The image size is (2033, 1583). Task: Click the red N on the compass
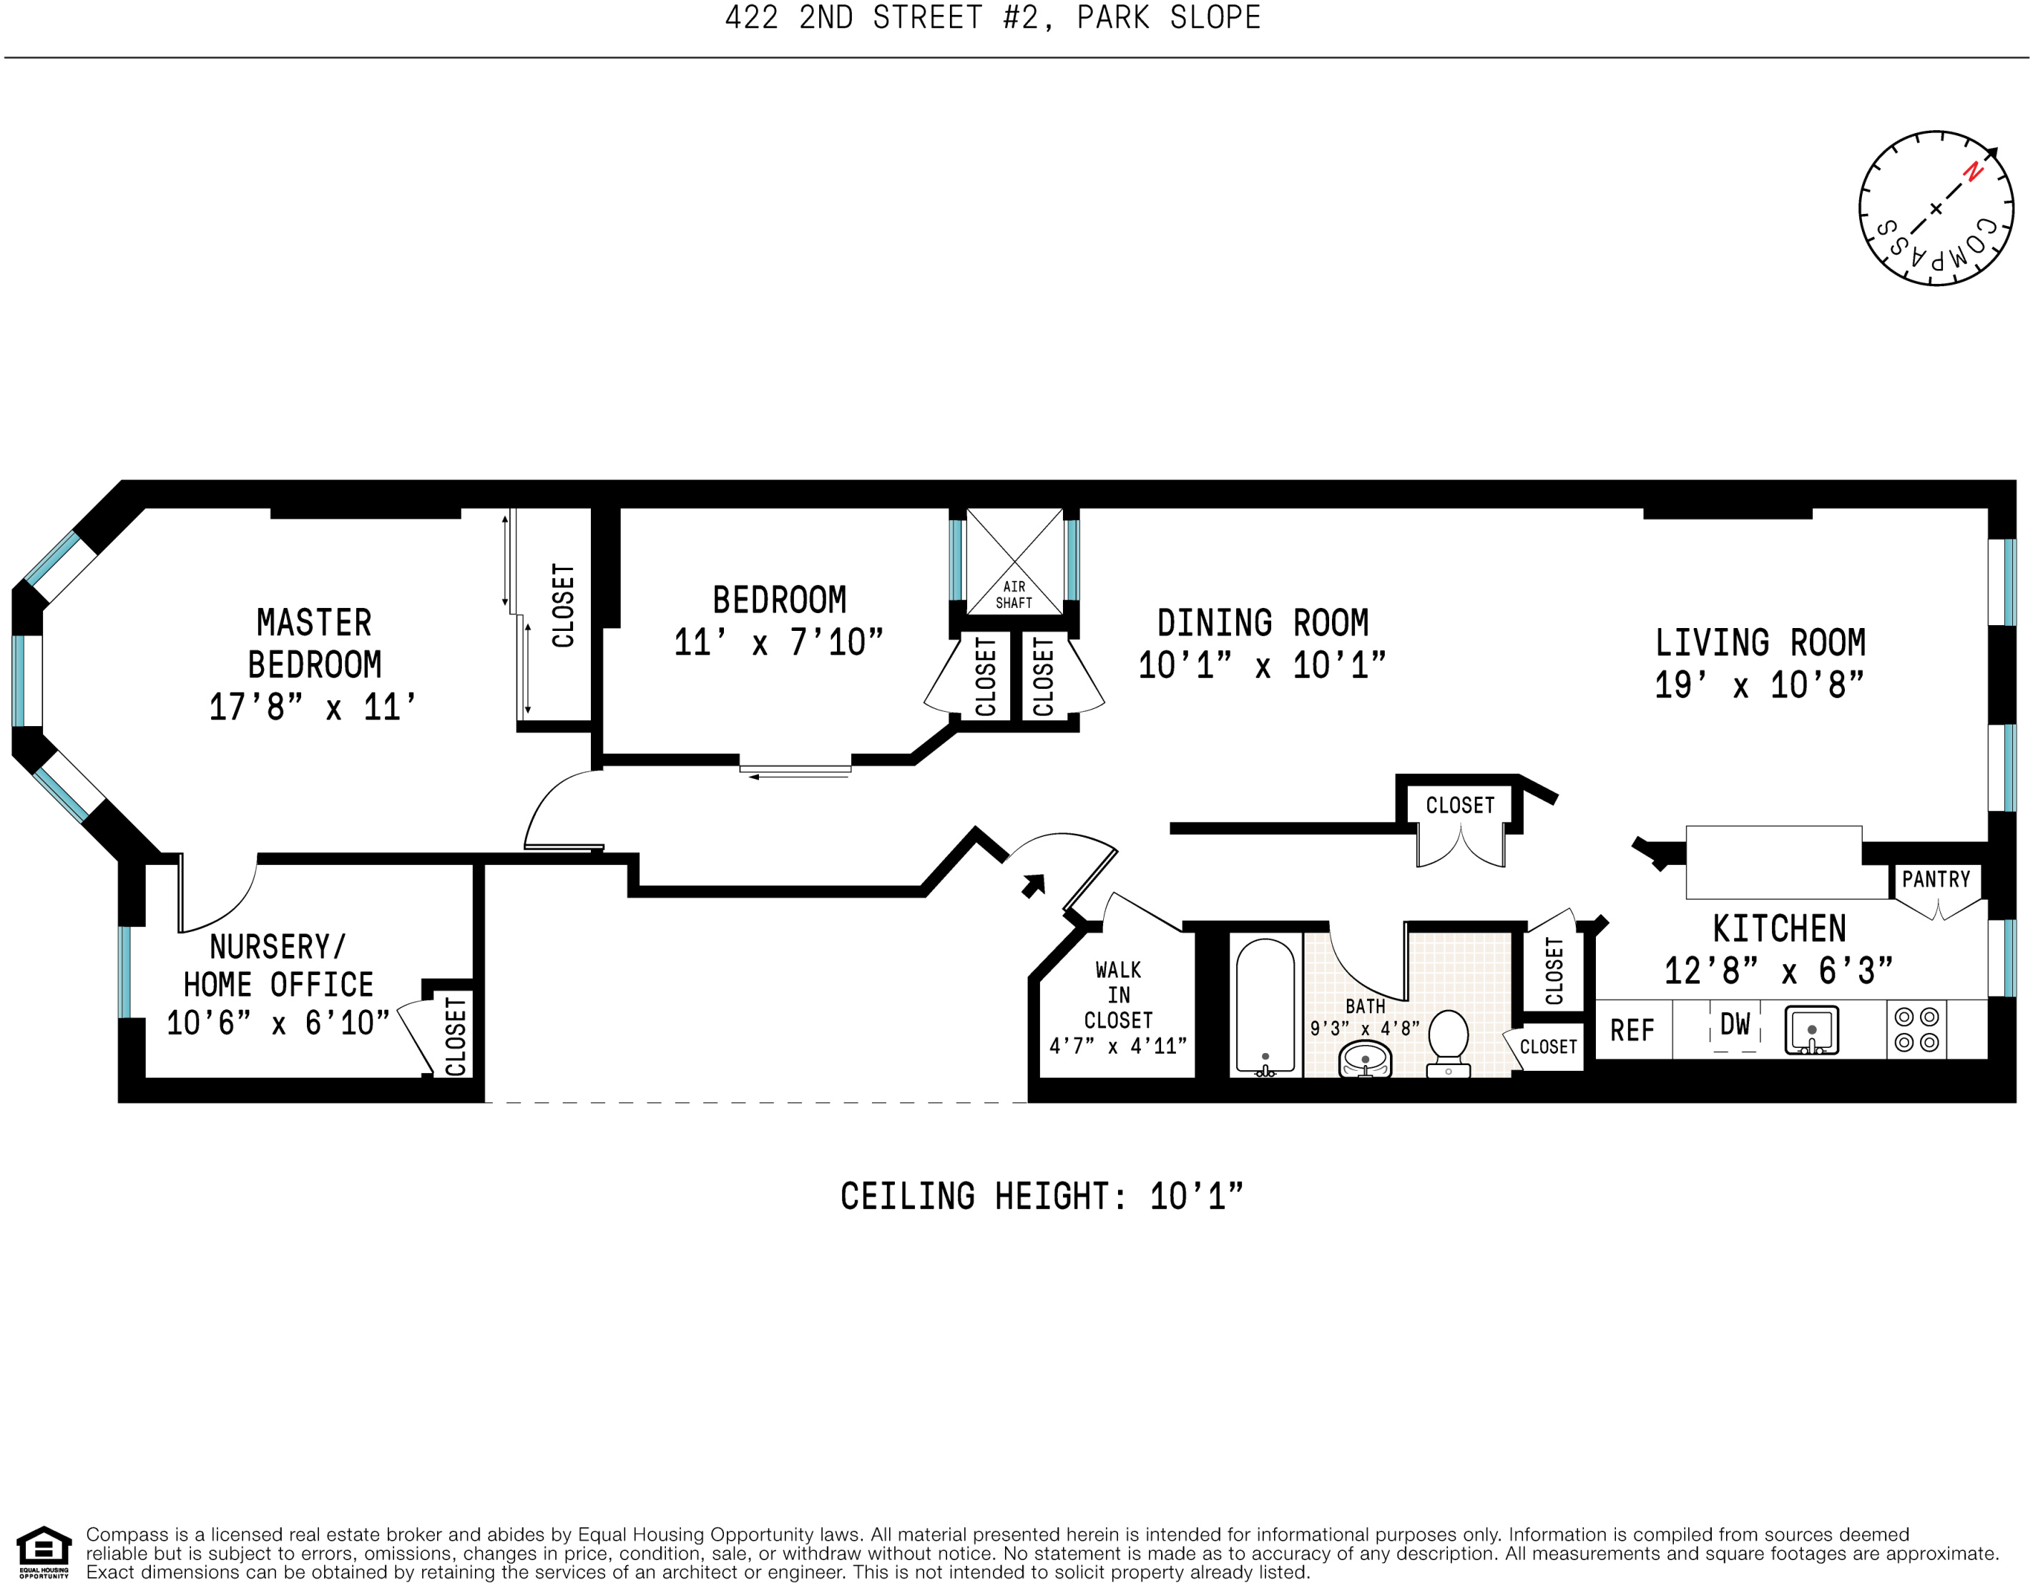[1971, 172]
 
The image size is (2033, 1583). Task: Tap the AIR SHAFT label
[1014, 594]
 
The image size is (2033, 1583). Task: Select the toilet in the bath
[1449, 1043]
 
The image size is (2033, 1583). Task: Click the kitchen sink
[1811, 1030]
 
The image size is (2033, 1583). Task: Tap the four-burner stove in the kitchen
[1916, 1029]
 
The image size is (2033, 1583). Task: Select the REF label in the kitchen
[1632, 1030]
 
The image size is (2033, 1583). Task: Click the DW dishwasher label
[1735, 1024]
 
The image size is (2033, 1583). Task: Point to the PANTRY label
[1936, 879]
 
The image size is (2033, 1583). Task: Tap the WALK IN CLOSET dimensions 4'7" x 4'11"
[1118, 1046]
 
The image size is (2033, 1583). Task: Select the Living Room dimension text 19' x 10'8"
[1759, 685]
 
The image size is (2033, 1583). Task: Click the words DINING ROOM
[1263, 622]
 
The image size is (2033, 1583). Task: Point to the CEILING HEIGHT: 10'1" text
[1042, 1196]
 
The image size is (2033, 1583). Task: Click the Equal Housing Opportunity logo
[44, 1552]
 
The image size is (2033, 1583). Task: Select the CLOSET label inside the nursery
[455, 1036]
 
